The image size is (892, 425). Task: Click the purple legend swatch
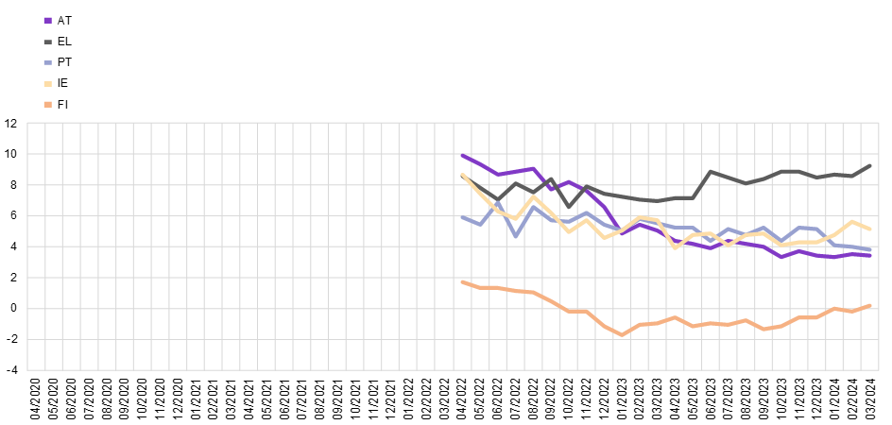click(x=47, y=20)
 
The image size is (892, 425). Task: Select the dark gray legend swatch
click(x=47, y=42)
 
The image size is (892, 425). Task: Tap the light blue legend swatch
click(x=47, y=62)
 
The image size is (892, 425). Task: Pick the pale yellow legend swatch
click(x=47, y=83)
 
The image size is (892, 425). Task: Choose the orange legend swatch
click(x=47, y=104)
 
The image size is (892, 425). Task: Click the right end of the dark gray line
click(x=870, y=165)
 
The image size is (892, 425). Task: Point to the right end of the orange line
click(x=870, y=305)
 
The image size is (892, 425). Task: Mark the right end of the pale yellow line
click(x=870, y=229)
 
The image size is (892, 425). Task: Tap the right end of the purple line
click(x=870, y=255)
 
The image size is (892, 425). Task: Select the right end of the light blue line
click(x=870, y=249)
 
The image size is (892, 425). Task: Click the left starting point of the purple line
click(x=462, y=155)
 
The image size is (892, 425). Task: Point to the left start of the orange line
click(x=462, y=281)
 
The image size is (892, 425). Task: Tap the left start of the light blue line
click(x=462, y=218)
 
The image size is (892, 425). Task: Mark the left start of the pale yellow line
click(x=462, y=175)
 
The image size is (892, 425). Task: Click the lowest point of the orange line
click(x=622, y=334)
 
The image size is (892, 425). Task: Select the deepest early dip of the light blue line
click(x=515, y=235)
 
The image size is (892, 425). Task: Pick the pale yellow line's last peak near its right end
click(x=853, y=222)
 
